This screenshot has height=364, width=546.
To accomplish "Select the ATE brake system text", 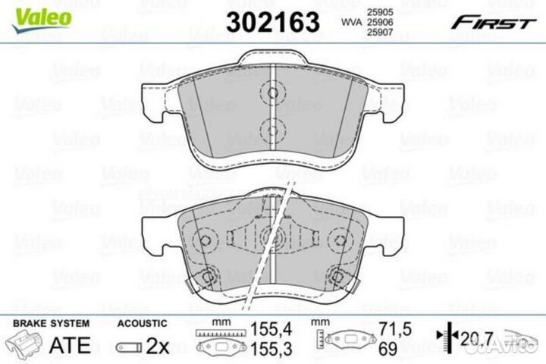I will tap(69, 345).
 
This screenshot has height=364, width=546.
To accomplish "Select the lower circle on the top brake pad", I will tap(271, 128).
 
